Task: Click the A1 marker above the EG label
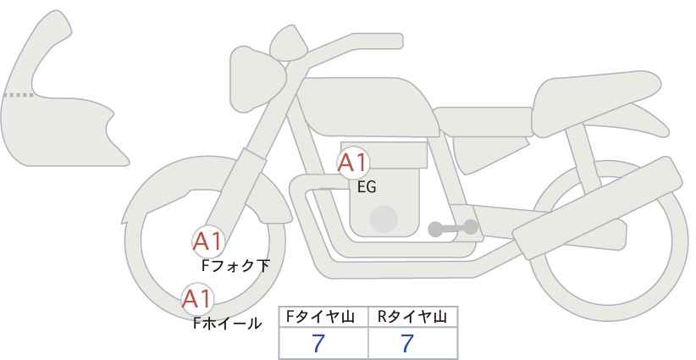tap(353, 163)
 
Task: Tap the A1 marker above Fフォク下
tap(208, 242)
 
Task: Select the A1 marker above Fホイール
tap(198, 299)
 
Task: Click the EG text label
tap(367, 187)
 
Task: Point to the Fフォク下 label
tap(235, 266)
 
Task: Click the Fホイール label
tap(228, 324)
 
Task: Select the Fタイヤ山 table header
tap(320, 317)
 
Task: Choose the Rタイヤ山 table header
tap(412, 317)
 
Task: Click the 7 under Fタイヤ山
tap(318, 343)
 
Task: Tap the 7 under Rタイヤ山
tap(407, 343)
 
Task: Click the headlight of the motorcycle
tap(257, 80)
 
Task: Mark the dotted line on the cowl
tap(18, 95)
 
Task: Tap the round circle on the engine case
tap(384, 219)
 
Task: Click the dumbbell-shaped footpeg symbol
tap(453, 228)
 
